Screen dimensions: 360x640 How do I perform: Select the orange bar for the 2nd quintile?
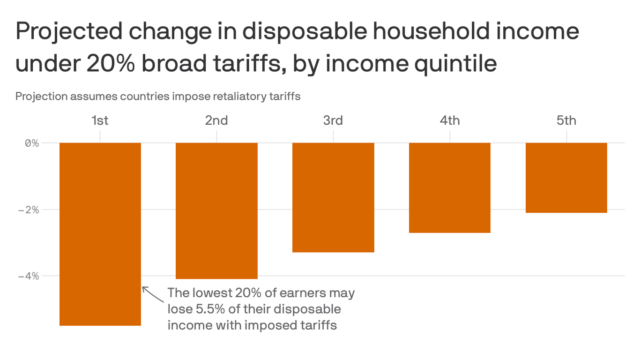point(216,210)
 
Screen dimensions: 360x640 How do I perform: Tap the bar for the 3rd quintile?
point(333,197)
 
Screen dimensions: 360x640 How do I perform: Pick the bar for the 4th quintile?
point(450,187)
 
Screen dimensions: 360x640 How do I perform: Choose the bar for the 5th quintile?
point(566,178)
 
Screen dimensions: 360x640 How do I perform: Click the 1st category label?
point(100,120)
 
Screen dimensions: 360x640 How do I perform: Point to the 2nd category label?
point(216,120)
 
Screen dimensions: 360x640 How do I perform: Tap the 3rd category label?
point(333,120)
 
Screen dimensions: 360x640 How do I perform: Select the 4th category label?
point(450,120)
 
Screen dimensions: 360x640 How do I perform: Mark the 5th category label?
point(566,120)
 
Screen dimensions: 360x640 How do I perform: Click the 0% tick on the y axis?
point(32,143)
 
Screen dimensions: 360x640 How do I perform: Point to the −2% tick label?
point(29,210)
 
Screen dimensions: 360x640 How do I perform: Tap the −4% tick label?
point(29,276)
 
